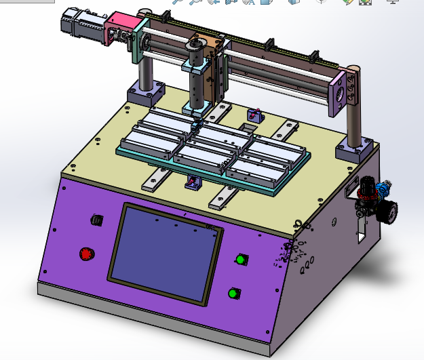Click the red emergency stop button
click(x=86, y=254)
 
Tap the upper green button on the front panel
click(x=241, y=259)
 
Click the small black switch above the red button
click(x=96, y=220)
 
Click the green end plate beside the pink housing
click(x=141, y=42)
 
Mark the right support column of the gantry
click(x=353, y=122)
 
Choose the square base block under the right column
click(x=353, y=149)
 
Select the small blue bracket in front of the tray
click(x=193, y=182)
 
